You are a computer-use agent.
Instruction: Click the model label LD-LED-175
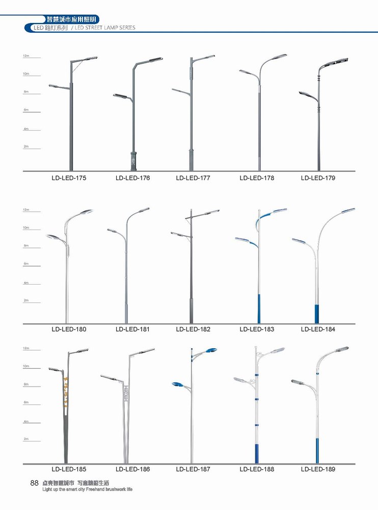[x=69, y=178]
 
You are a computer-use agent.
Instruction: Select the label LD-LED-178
[x=257, y=178]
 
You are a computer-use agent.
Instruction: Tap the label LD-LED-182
[x=193, y=329]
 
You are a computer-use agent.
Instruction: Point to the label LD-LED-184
[x=318, y=329]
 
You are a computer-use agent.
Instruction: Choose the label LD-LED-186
[x=132, y=469]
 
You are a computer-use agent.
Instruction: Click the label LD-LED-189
[x=318, y=469]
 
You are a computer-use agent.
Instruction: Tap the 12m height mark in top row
[x=25, y=56]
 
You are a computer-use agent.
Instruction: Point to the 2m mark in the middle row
[x=25, y=301]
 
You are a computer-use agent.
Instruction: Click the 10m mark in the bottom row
[x=25, y=367]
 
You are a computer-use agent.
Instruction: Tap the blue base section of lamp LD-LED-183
[x=258, y=308]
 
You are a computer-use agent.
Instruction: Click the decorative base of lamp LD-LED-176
[x=133, y=160]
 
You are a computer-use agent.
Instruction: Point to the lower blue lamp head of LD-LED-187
[x=178, y=384]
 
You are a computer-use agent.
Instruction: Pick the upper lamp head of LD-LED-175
[x=88, y=59]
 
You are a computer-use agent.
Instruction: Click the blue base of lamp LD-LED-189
[x=317, y=449]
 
